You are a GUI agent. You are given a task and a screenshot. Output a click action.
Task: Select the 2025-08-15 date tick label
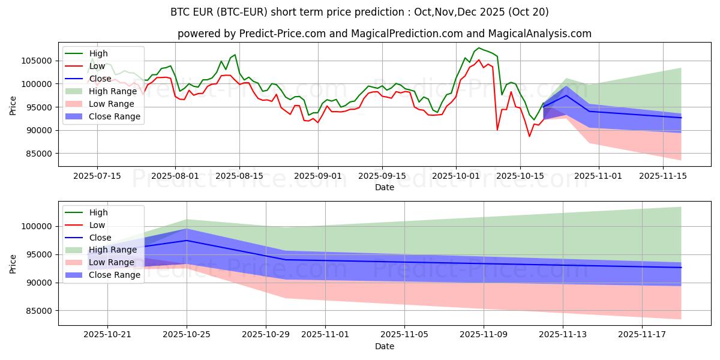tap(239, 176)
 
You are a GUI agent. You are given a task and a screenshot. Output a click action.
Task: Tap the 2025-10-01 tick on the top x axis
tap(456, 176)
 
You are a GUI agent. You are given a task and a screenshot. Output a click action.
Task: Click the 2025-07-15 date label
tap(97, 176)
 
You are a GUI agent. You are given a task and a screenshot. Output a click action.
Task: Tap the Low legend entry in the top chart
tap(97, 66)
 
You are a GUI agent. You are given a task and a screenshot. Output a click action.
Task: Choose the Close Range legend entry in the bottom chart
tap(114, 275)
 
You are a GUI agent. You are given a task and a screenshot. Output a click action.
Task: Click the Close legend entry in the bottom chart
tap(100, 238)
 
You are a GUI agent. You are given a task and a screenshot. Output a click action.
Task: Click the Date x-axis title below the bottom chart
tap(385, 347)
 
